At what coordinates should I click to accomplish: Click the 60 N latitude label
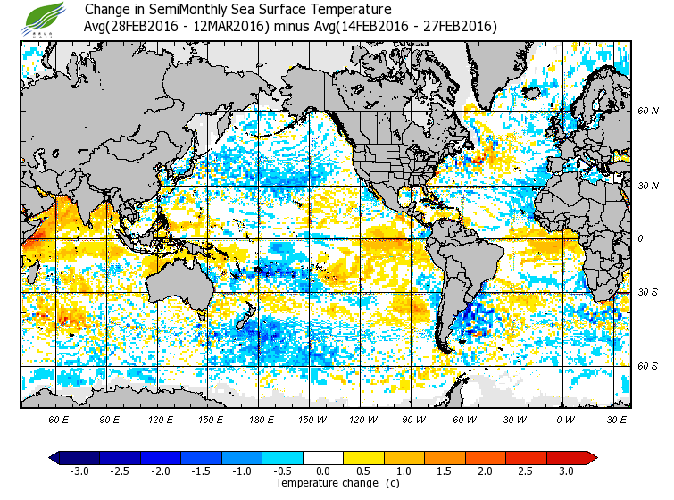[647, 111]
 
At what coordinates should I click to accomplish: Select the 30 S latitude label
[647, 292]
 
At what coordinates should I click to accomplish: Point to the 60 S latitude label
[647, 366]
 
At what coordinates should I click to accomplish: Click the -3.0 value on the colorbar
[79, 471]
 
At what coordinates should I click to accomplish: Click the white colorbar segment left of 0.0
[304, 457]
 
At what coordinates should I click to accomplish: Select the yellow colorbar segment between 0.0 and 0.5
[344, 457]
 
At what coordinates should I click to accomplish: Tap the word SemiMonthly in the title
[174, 10]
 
